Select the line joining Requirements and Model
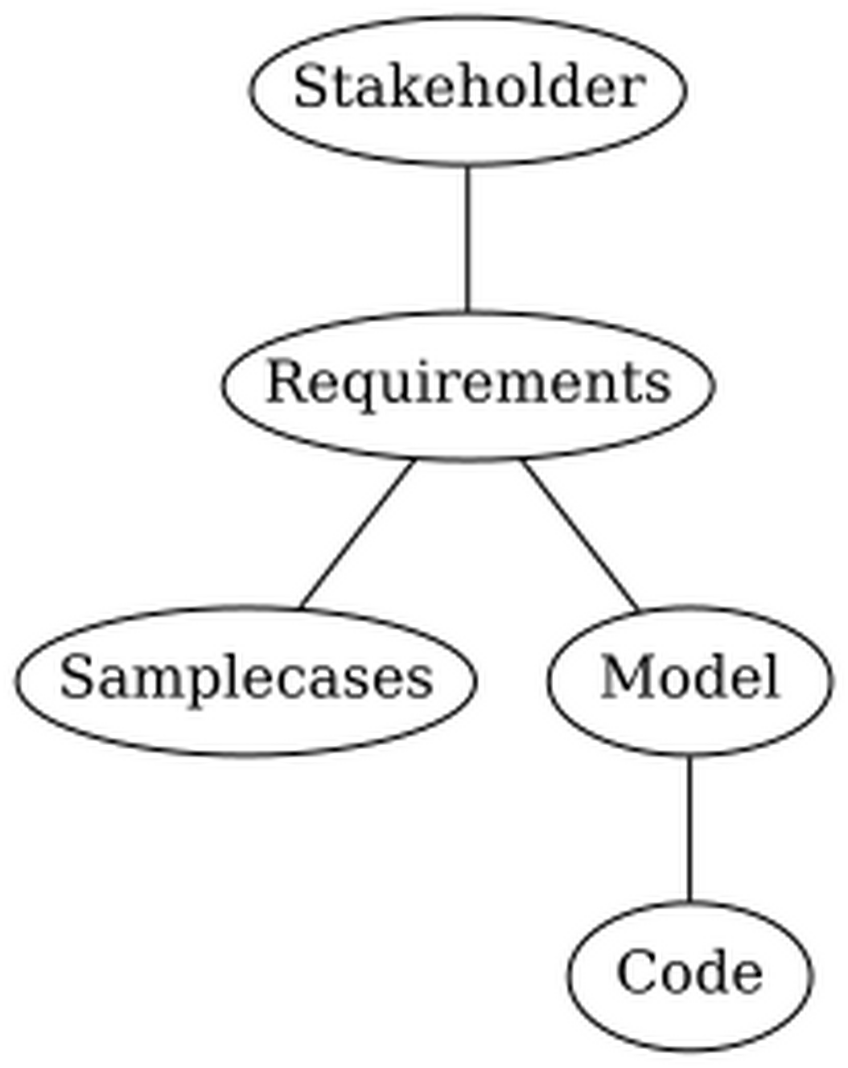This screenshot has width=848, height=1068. click(580, 535)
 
